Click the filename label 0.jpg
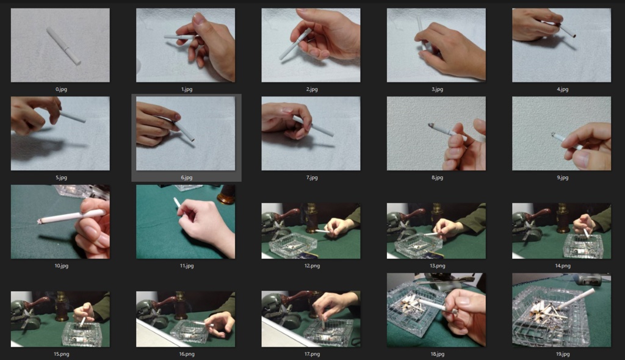pos(61,89)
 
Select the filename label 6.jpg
pos(187,178)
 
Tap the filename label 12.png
pos(312,265)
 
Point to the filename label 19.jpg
pos(562,354)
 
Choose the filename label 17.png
pos(312,354)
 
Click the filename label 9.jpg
pos(562,178)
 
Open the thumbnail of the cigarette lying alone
pos(60,45)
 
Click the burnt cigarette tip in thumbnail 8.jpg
pos(431,126)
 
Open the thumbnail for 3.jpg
pos(436,45)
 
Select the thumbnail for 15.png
pos(60,319)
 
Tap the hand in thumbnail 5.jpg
pos(35,115)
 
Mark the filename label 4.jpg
pos(562,89)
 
